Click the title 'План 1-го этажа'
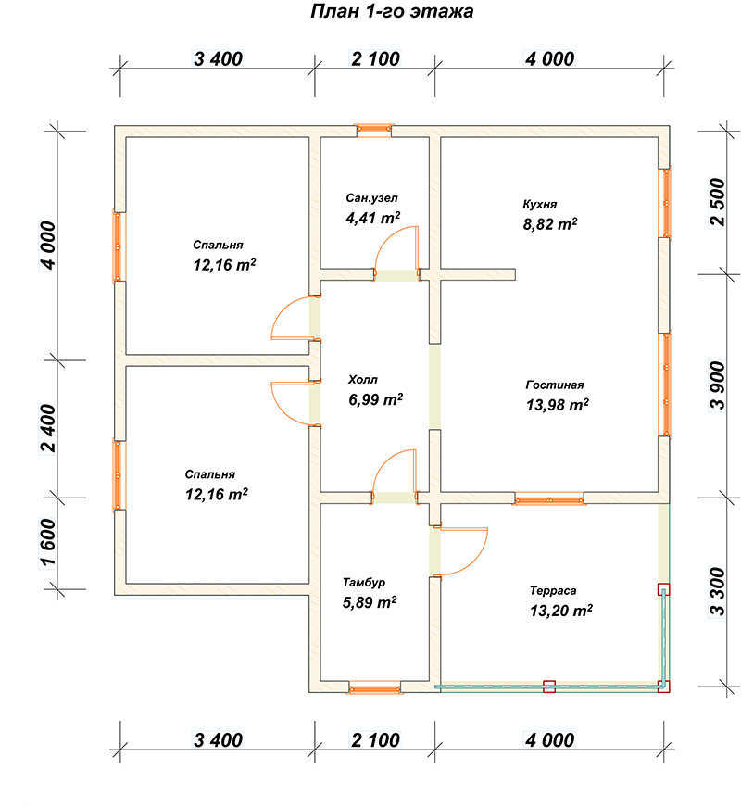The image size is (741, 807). pyautogui.click(x=392, y=11)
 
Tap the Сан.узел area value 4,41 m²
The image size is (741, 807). pyautogui.click(x=373, y=218)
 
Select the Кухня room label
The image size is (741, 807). pyautogui.click(x=540, y=205)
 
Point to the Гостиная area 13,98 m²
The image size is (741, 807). pyautogui.click(x=558, y=405)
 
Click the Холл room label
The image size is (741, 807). pyautogui.click(x=363, y=380)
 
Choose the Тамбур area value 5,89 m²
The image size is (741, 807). pyautogui.click(x=370, y=601)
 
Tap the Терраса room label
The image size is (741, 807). pyautogui.click(x=553, y=590)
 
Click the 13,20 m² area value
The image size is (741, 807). pyautogui.click(x=561, y=611)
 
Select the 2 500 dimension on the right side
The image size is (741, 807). pyautogui.click(x=717, y=202)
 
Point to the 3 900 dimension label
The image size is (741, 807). pyautogui.click(x=717, y=385)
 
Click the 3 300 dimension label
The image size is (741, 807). pyautogui.click(x=717, y=592)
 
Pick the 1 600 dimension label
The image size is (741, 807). pyautogui.click(x=48, y=542)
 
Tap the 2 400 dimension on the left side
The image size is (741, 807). pyautogui.click(x=48, y=428)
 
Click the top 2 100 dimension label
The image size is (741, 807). pyautogui.click(x=376, y=59)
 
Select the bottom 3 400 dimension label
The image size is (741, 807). pyautogui.click(x=219, y=740)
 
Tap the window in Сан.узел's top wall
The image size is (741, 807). pyautogui.click(x=374, y=131)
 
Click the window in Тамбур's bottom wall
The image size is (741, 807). pyautogui.click(x=374, y=687)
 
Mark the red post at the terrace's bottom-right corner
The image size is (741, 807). pyautogui.click(x=664, y=686)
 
